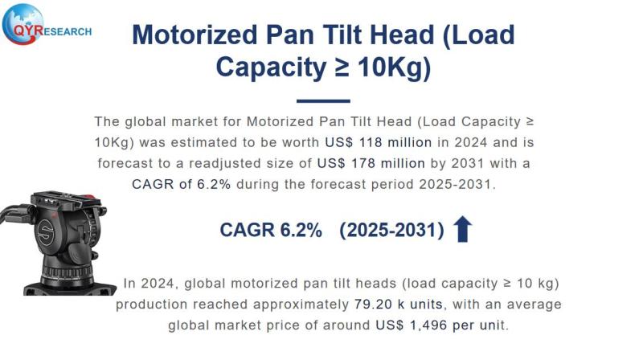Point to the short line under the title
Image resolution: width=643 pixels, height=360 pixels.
[x=323, y=101]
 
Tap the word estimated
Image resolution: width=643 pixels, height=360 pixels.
[x=227, y=142]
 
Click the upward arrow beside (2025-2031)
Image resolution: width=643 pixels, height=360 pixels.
[x=462, y=230]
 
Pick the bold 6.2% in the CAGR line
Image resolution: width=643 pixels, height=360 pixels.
[x=301, y=230]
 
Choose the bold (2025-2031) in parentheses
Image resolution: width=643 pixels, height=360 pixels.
[x=391, y=230]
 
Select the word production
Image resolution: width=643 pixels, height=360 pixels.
[x=151, y=305]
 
